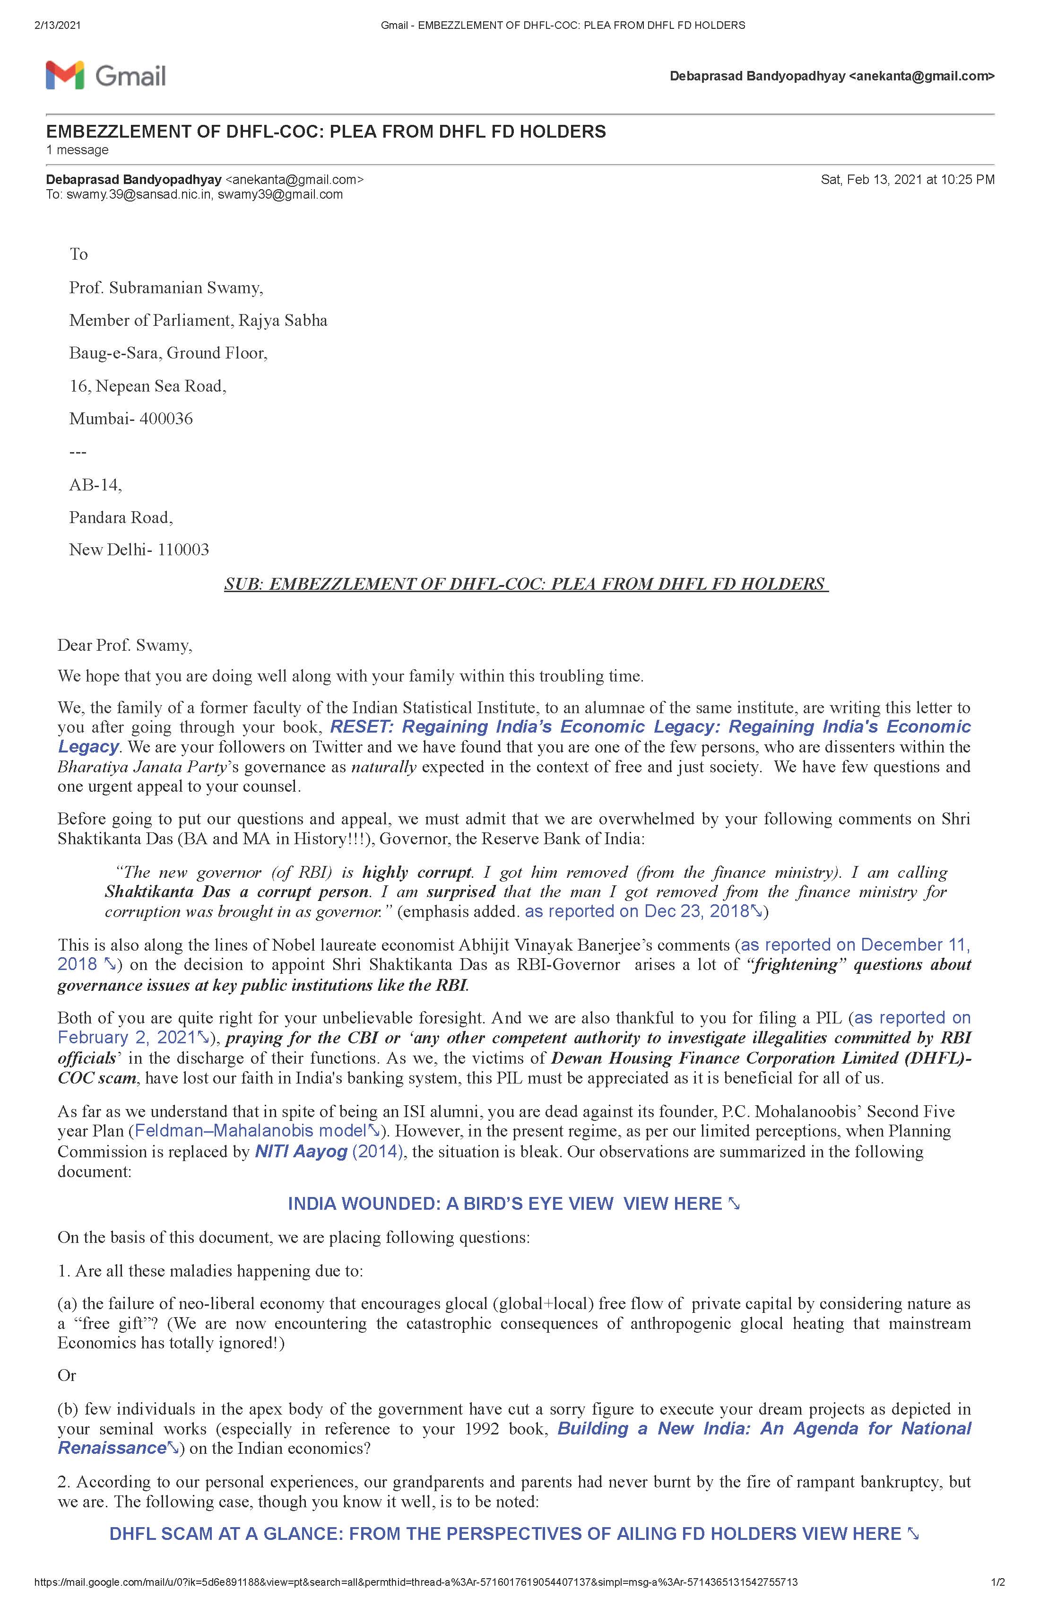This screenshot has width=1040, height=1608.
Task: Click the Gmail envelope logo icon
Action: click(x=65, y=75)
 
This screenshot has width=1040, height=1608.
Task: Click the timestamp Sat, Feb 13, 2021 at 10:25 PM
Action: click(x=907, y=180)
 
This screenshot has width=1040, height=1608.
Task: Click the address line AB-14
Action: click(x=95, y=484)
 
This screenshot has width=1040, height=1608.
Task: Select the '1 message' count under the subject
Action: click(x=77, y=150)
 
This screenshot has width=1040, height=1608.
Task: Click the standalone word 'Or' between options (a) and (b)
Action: click(x=67, y=1376)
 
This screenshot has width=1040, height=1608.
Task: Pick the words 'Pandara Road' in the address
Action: click(x=121, y=517)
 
